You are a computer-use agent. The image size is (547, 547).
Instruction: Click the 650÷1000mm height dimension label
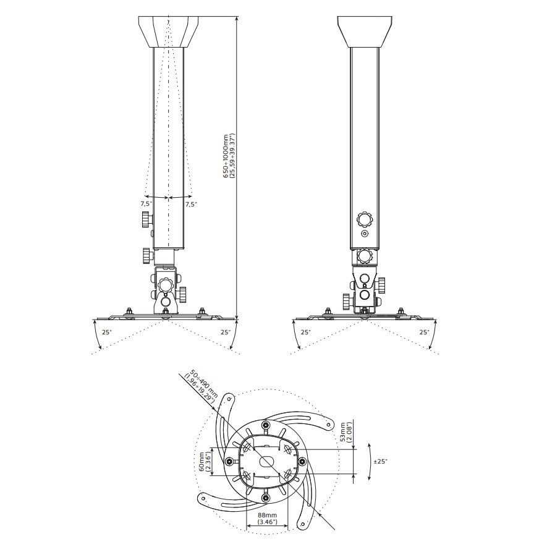point(229,156)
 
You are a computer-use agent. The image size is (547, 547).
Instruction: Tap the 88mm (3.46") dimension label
point(268,518)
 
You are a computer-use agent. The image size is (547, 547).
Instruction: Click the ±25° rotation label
point(381,461)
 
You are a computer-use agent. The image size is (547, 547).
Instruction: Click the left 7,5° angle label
point(146,204)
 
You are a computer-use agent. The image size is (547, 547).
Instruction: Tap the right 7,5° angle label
point(191,204)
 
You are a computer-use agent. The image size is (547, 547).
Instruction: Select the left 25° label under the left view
point(107,332)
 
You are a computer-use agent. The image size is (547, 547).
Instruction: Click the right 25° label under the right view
point(424,332)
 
